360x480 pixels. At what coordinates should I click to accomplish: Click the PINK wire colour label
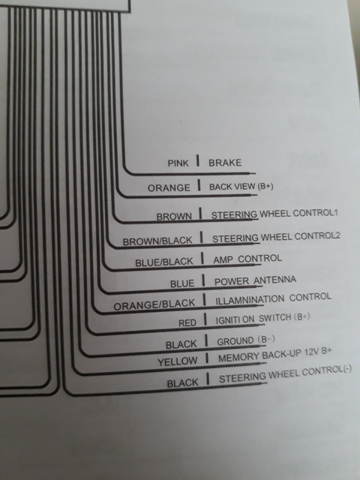pyautogui.click(x=178, y=163)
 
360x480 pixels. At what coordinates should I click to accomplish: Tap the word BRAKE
pyautogui.click(x=225, y=163)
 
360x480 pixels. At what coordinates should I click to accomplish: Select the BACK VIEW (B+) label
pyautogui.click(x=241, y=187)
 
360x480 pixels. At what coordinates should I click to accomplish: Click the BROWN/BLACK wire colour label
pyautogui.click(x=157, y=241)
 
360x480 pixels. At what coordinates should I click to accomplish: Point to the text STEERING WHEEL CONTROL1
pyautogui.click(x=274, y=214)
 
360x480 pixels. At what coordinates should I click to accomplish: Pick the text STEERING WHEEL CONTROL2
pyautogui.click(x=277, y=237)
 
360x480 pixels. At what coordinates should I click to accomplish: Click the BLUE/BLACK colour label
pyautogui.click(x=164, y=262)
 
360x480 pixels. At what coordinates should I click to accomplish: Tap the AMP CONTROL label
pyautogui.click(x=247, y=259)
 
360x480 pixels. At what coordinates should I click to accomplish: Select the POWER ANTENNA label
pyautogui.click(x=255, y=280)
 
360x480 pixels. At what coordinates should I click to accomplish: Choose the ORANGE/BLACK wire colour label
pyautogui.click(x=154, y=304)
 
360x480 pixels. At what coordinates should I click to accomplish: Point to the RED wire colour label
pyautogui.click(x=187, y=322)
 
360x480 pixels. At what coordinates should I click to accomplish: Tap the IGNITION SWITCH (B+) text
pyautogui.click(x=263, y=319)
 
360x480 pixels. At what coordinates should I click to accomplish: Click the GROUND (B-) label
pyautogui.click(x=246, y=340)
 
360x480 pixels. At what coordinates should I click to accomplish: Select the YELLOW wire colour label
pyautogui.click(x=178, y=361)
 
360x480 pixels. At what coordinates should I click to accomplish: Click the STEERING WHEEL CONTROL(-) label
pyautogui.click(x=286, y=374)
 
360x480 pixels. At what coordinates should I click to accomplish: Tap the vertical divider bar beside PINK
pyautogui.click(x=198, y=161)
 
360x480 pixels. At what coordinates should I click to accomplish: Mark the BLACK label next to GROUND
pyautogui.click(x=181, y=345)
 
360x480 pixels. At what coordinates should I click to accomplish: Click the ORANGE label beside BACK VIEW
pyautogui.click(x=169, y=187)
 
